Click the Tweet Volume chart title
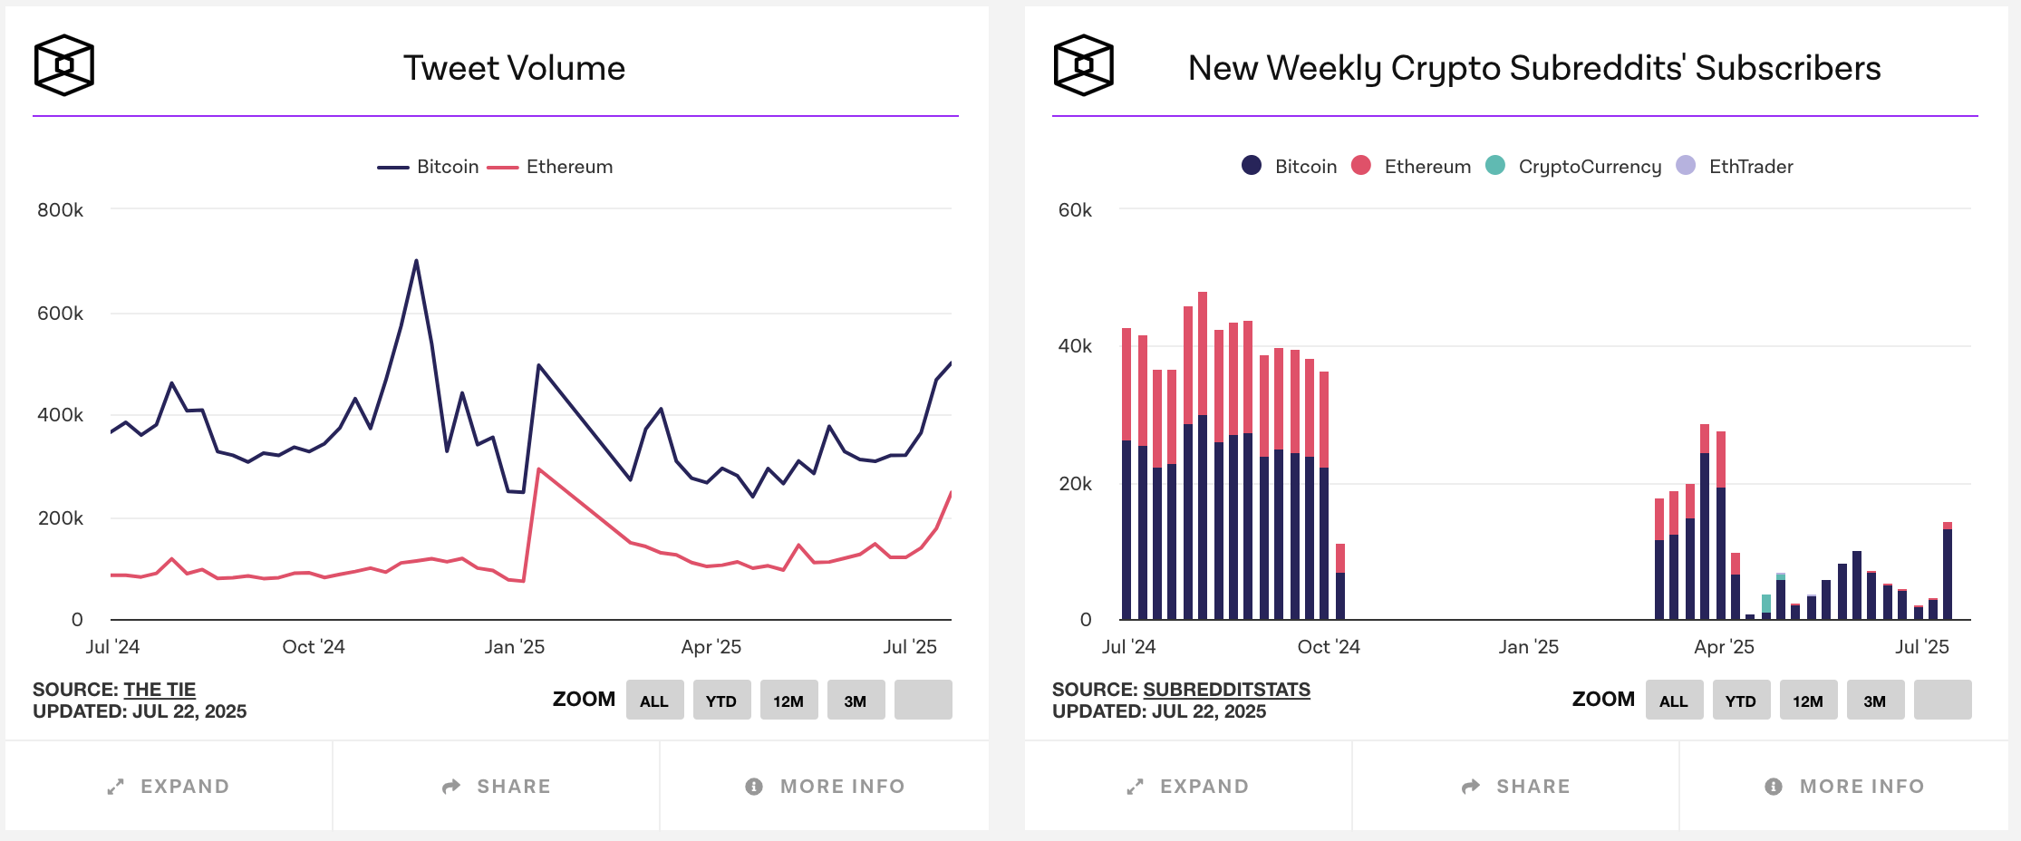pos(514,68)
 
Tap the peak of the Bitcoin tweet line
pos(416,262)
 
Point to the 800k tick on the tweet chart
pos(60,210)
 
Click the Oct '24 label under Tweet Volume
pos(313,647)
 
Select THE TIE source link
pos(160,690)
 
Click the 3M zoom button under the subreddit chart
pos(1874,701)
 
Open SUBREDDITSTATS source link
pos(1226,690)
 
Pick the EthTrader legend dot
pos(1686,165)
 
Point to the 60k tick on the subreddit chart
pos(1075,210)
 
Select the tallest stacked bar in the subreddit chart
pos(1203,453)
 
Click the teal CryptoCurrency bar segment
pos(1766,603)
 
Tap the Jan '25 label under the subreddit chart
pos(1528,647)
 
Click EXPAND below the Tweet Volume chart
pos(169,787)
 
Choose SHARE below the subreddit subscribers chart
pos(1515,787)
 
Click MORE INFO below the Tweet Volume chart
pos(825,787)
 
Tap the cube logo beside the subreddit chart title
pos(1083,65)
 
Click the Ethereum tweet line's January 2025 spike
pos(539,469)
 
